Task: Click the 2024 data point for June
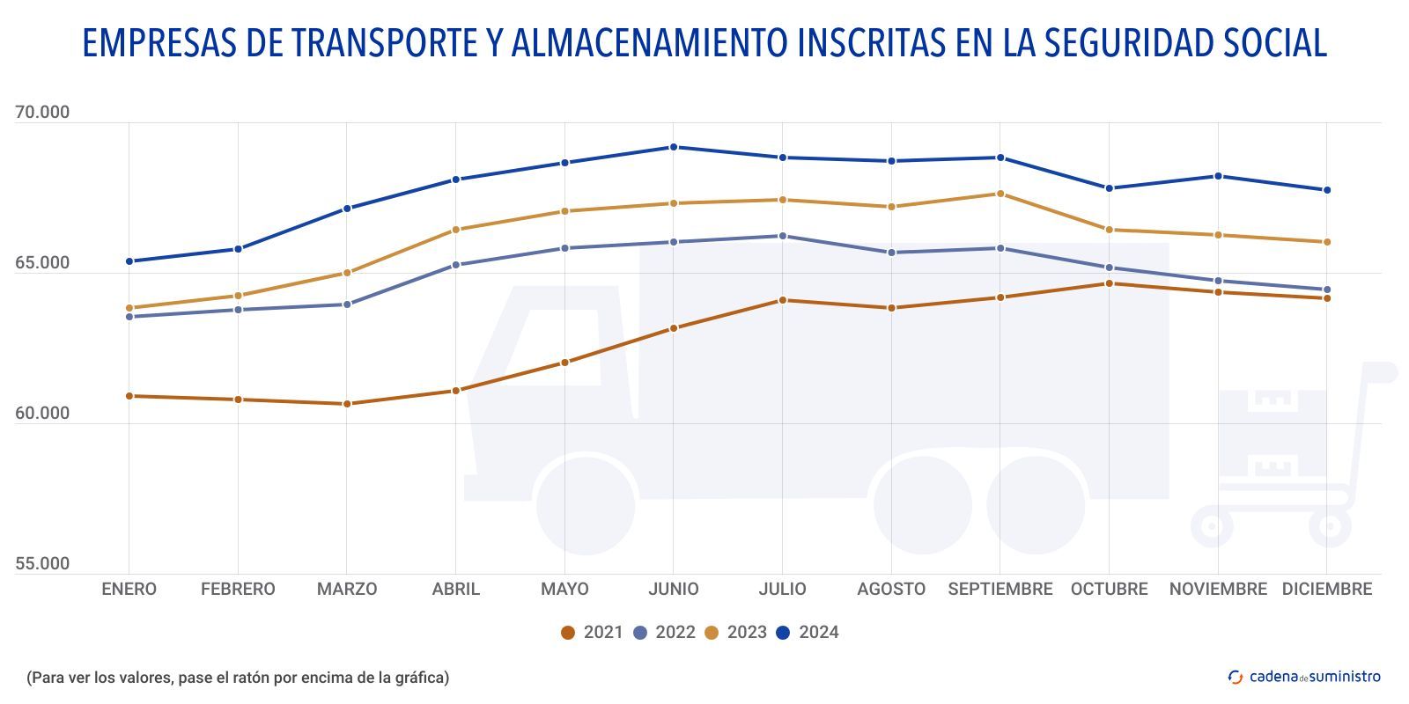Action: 674,147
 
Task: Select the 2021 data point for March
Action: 347,404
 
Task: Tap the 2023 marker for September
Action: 1000,194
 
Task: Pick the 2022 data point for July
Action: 782,236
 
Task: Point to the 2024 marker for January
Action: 129,261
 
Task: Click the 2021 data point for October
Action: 1109,283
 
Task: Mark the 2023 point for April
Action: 456,230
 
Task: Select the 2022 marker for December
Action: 1327,290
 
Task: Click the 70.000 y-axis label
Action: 42,113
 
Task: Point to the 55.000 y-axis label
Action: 42,564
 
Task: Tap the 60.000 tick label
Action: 42,414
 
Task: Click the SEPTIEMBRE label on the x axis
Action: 1000,590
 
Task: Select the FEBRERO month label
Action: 238,590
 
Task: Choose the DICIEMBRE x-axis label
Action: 1327,590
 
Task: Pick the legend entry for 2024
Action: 808,633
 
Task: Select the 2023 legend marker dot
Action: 712,633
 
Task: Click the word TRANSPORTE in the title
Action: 384,43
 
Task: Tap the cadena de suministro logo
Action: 1304,677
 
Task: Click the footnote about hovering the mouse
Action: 238,678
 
